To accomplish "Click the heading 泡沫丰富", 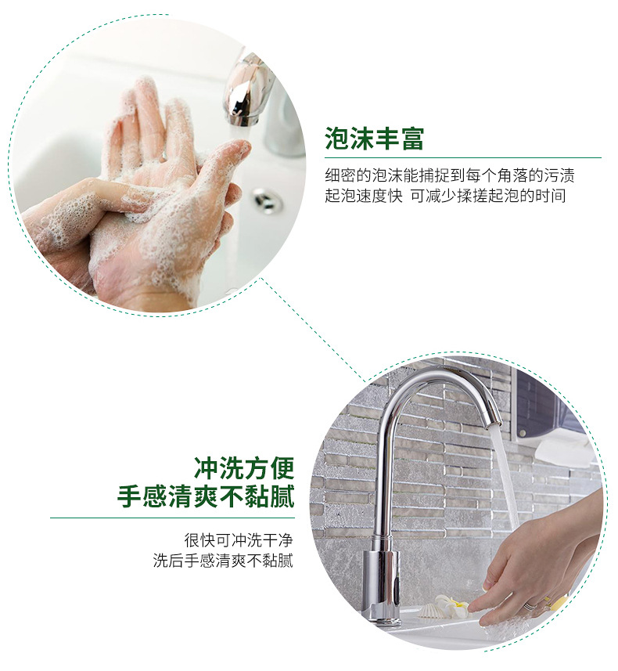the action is tap(374, 139).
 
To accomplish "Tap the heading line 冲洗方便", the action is tap(244, 468).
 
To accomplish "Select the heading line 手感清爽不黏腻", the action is tap(207, 496).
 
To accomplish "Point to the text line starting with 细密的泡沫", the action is tap(450, 175).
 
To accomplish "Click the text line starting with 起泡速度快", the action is tap(445, 196).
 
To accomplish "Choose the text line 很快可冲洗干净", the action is tap(239, 540).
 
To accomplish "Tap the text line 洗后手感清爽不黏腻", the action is tap(223, 561).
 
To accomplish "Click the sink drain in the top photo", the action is tap(267, 200).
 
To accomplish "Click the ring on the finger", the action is tap(530, 605).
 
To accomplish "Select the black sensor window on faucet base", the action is tap(397, 586).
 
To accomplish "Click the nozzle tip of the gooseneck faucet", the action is tap(493, 422).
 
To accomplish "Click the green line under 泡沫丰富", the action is tap(463, 158).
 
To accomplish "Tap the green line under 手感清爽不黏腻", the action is tap(172, 518).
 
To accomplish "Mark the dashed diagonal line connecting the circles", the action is tap(313, 330).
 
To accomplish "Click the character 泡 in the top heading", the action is tap(337, 139).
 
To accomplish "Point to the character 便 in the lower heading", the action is tap(282, 468).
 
